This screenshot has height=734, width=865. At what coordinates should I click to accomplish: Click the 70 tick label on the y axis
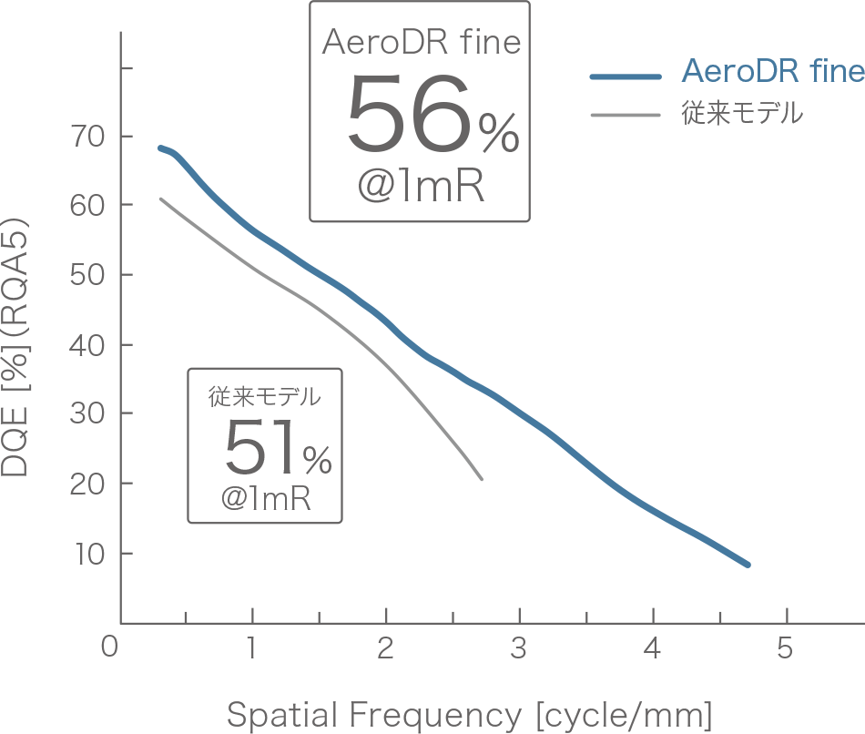click(x=86, y=137)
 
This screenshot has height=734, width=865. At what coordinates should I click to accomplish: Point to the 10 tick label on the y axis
click(x=86, y=554)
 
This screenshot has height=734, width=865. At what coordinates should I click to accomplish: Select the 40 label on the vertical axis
click(x=86, y=345)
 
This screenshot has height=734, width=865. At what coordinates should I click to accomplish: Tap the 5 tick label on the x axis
click(x=785, y=648)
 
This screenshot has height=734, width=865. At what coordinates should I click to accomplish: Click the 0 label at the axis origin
click(x=110, y=648)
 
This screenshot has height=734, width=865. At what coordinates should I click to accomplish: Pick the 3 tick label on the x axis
click(x=519, y=648)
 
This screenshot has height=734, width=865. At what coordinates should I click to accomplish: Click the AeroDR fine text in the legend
click(x=772, y=72)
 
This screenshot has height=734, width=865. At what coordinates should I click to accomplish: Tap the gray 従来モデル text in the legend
click(x=742, y=114)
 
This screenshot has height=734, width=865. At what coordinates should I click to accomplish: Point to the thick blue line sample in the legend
click(x=625, y=76)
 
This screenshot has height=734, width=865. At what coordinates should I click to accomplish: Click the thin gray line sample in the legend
click(x=625, y=115)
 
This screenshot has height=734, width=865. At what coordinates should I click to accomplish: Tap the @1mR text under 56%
click(x=420, y=187)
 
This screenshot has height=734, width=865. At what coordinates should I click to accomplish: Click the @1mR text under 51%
click(x=266, y=498)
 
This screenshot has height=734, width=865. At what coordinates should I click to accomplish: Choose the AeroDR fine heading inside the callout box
click(x=422, y=43)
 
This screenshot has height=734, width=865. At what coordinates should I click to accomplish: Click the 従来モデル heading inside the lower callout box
click(x=265, y=397)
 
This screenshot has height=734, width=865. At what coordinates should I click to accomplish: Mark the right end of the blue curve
click(x=748, y=565)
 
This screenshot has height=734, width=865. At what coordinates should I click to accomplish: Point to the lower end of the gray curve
click(x=481, y=478)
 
